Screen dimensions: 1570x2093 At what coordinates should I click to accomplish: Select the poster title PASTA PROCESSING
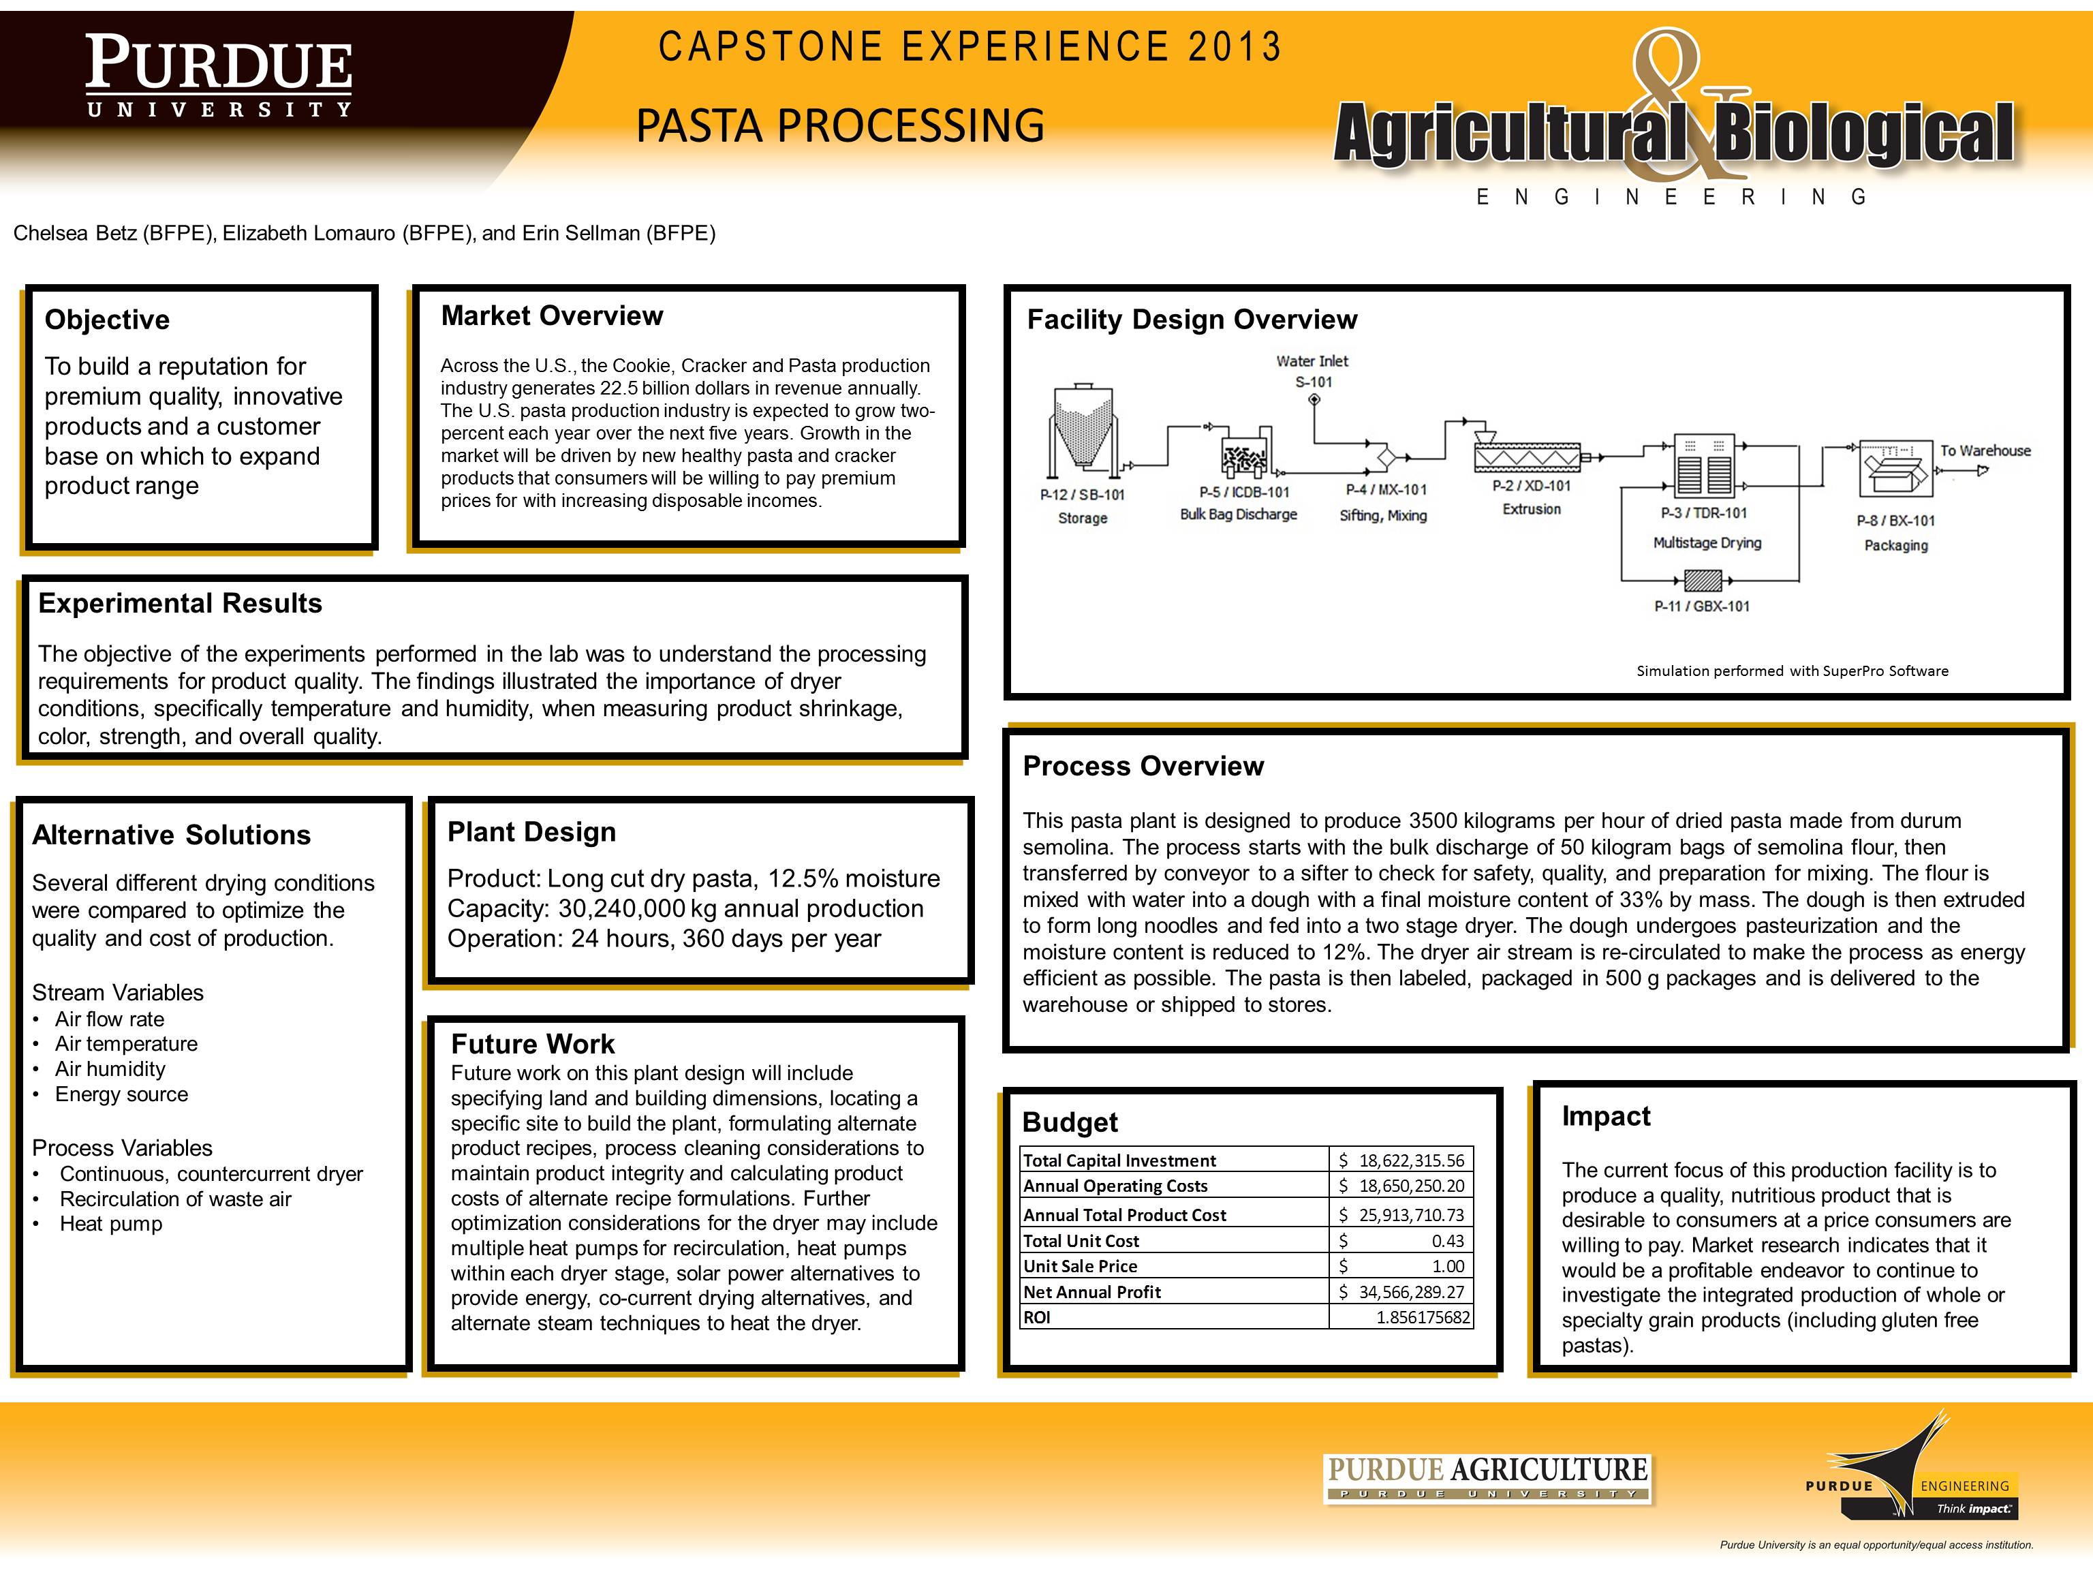(840, 126)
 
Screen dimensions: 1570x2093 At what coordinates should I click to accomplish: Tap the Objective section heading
(107, 320)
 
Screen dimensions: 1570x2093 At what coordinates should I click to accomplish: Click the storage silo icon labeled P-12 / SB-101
(1083, 429)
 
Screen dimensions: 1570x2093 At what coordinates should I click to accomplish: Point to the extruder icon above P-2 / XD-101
(1528, 455)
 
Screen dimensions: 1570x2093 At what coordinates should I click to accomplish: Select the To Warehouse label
(1985, 450)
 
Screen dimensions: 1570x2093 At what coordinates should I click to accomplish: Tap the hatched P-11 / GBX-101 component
(1703, 579)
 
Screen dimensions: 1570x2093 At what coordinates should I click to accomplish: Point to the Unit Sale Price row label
(1081, 1266)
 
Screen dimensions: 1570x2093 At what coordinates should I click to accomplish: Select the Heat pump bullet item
(110, 1225)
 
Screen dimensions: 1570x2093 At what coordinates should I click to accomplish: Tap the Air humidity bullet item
(110, 1069)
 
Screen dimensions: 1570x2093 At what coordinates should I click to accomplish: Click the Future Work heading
(533, 1044)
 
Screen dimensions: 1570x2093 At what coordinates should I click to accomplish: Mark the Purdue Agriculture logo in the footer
(1487, 1477)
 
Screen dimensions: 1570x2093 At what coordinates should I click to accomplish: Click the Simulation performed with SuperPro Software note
(1792, 671)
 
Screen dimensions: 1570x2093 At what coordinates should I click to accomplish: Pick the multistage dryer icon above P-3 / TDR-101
(1702, 465)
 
